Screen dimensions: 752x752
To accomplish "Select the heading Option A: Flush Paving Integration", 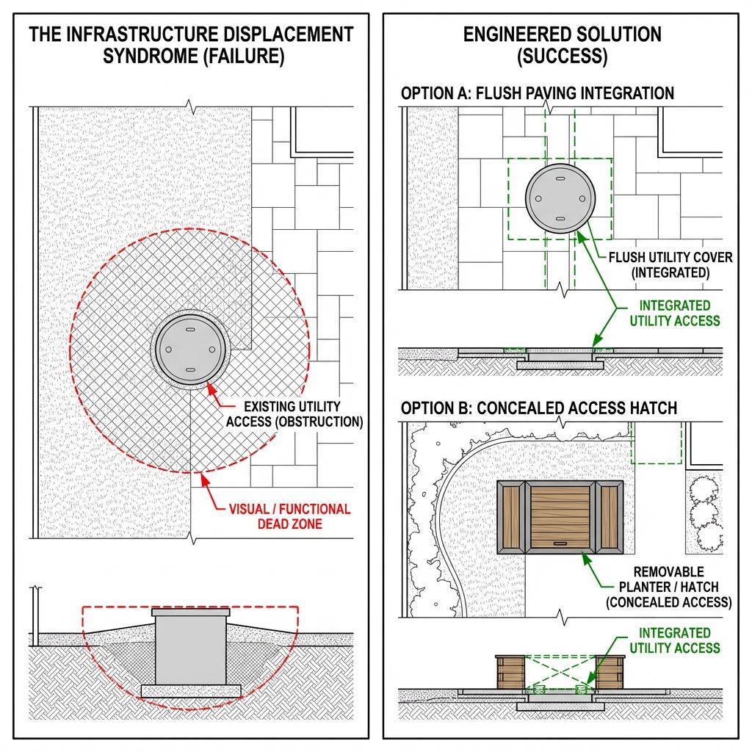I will pos(537,93).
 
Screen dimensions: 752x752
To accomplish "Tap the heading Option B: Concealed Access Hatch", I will pos(538,408).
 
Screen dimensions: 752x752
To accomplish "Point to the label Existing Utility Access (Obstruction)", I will pos(294,414).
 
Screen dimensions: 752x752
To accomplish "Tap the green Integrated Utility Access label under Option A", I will pos(674,312).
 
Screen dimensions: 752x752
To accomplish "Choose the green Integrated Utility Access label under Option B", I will pos(674,640).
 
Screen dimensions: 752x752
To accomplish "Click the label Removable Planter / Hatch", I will pos(668,587).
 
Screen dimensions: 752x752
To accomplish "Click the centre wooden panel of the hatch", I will pos(560,516).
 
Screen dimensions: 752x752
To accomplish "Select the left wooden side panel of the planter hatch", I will pos(511,516).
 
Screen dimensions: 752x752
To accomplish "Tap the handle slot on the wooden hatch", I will pos(560,543).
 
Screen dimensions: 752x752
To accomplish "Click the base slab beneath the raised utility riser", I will pos(191,690).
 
